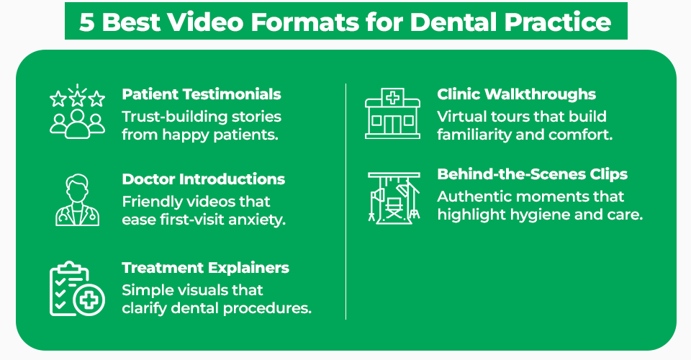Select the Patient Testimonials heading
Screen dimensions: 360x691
click(202, 94)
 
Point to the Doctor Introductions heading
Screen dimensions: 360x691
click(204, 179)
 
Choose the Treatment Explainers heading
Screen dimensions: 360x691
click(206, 268)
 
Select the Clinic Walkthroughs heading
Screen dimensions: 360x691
click(517, 94)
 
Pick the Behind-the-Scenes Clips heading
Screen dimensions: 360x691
click(533, 174)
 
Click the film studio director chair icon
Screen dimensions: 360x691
click(392, 198)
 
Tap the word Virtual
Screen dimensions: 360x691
click(461, 117)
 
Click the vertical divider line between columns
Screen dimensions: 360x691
click(346, 202)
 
